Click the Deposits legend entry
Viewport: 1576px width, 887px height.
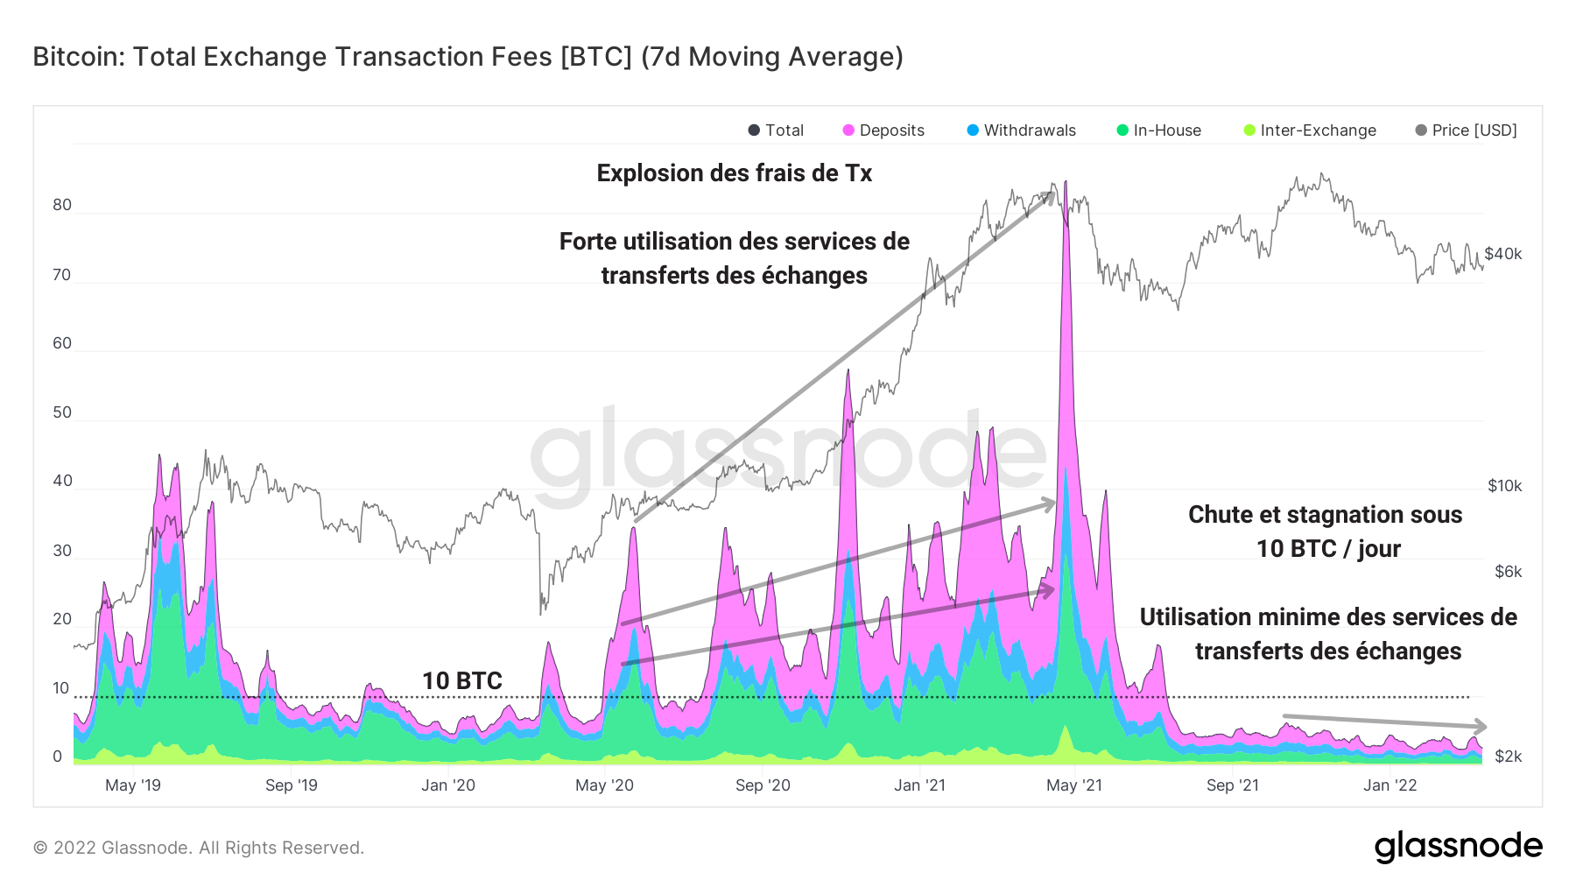pos(883,130)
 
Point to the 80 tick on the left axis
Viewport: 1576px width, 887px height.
pos(62,206)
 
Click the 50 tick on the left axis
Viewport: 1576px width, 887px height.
pos(62,412)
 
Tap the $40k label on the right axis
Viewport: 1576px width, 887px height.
pos(1503,254)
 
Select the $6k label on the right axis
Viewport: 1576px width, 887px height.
pos(1508,572)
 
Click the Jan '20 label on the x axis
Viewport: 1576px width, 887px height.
pos(447,785)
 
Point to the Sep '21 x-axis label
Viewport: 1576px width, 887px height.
pos(1232,785)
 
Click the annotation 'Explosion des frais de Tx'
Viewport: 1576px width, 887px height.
pos(734,173)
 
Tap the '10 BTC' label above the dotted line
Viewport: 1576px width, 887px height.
pos(461,680)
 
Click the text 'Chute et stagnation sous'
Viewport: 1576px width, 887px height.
pos(1325,515)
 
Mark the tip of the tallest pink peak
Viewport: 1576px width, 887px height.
pos(1066,182)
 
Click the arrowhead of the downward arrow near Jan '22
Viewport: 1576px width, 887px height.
pos(1481,726)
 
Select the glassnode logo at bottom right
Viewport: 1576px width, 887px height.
pos(1458,847)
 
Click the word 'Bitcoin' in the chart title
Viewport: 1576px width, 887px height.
pos(77,57)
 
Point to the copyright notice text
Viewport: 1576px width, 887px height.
pos(198,848)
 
